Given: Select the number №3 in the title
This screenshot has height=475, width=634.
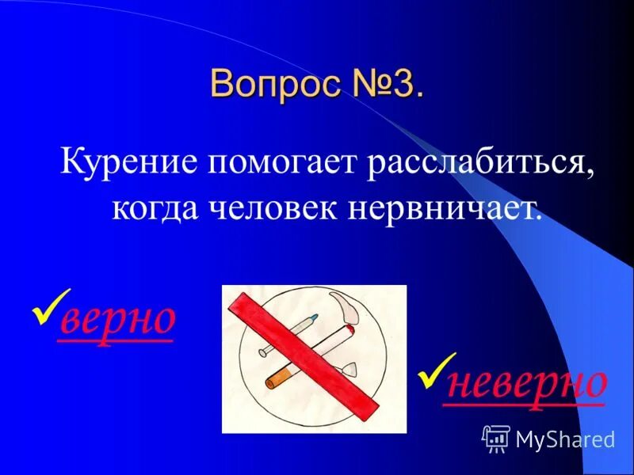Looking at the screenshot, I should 385,84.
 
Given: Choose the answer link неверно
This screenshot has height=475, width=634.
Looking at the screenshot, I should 526,382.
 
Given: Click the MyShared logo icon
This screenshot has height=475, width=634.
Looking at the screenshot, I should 495,437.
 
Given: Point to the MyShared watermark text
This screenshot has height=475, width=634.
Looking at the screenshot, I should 565,439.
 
